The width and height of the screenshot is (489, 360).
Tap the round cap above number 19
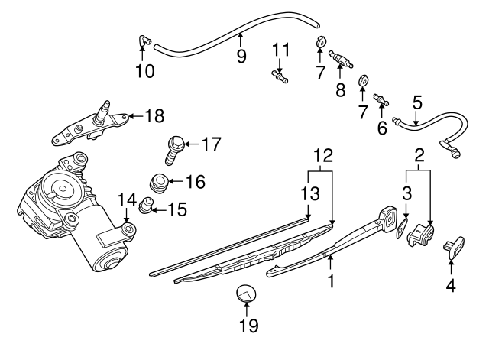pyautogui.click(x=246, y=293)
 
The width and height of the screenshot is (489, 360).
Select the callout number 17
pyautogui.click(x=211, y=142)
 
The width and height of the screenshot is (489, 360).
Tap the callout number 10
pyautogui.click(x=144, y=71)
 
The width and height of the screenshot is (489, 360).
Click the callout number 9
pyautogui.click(x=241, y=56)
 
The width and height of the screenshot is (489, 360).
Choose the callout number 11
pyautogui.click(x=282, y=50)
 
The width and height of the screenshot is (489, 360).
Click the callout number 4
pyautogui.click(x=451, y=287)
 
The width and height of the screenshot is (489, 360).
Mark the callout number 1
pyautogui.click(x=330, y=281)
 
